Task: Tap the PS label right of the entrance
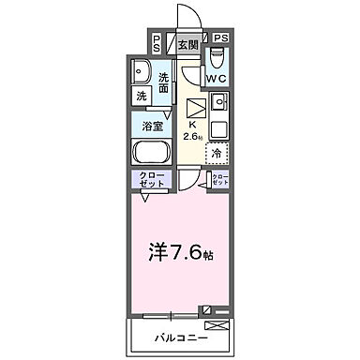click(220, 38)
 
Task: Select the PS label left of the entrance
click(156, 43)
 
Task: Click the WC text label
click(217, 79)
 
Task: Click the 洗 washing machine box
click(141, 96)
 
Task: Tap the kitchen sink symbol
click(219, 101)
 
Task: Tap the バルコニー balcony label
click(179, 337)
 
